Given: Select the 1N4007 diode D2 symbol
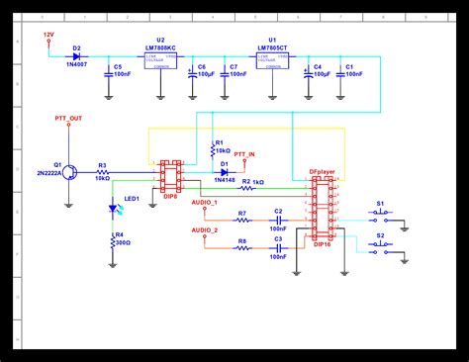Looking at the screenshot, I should [76, 54].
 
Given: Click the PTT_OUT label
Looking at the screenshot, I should [69, 118].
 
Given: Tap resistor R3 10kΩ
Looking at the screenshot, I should [102, 173].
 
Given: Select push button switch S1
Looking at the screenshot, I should [381, 212].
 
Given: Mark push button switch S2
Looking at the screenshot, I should [381, 247].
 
